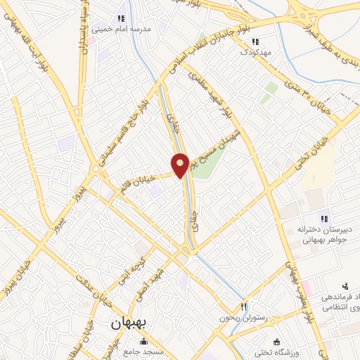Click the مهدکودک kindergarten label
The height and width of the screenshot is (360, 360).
coord(257,52)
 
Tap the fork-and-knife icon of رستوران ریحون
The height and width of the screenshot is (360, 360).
coord(244,306)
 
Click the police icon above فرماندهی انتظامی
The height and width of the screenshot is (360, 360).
coord(345,285)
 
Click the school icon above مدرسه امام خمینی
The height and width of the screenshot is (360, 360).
coord(120,19)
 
